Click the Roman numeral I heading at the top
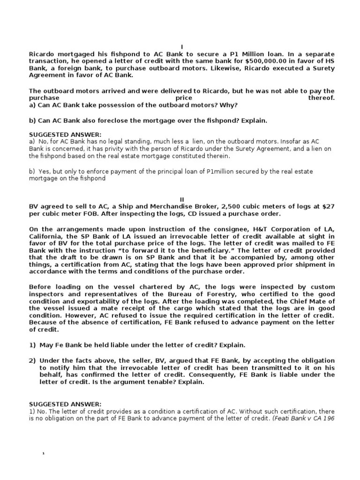tap(182, 46)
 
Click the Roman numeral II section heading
tap(182, 200)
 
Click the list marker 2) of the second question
tap(32, 360)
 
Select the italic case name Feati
tap(284, 419)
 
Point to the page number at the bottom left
tap(43, 454)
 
